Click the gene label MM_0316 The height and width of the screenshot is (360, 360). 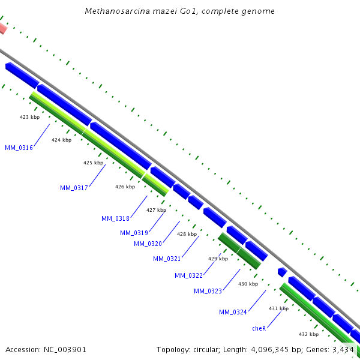click(x=19, y=148)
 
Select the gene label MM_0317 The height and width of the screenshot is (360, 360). click(x=74, y=188)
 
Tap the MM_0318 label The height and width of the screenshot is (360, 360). click(x=115, y=218)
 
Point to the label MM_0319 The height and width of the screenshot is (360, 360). click(x=134, y=233)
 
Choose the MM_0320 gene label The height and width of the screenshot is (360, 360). click(x=148, y=244)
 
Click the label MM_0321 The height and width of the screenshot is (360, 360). click(x=166, y=259)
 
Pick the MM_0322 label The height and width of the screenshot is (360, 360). click(x=188, y=275)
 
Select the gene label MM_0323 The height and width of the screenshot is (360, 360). click(x=208, y=291)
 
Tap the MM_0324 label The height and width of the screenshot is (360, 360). click(x=233, y=312)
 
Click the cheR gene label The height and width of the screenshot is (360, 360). click(x=259, y=328)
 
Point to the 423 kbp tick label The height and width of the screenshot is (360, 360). click(x=30, y=117)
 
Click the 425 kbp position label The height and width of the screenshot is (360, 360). click(x=93, y=163)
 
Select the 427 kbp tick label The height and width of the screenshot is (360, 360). click(x=156, y=210)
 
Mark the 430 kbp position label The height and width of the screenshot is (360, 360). click(x=248, y=284)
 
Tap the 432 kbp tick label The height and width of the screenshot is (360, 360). click(x=308, y=334)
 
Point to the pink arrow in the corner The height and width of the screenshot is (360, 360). click(x=2, y=28)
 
